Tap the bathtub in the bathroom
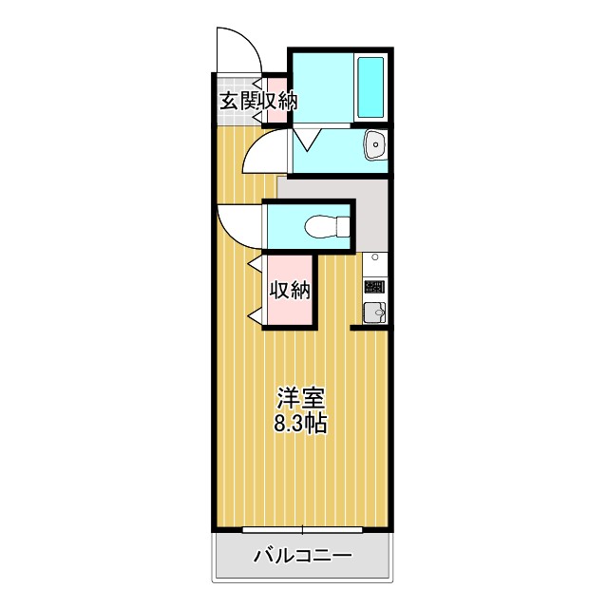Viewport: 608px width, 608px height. coord(370,87)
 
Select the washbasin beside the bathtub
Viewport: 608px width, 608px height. coord(375,147)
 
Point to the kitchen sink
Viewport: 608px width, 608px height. coord(375,312)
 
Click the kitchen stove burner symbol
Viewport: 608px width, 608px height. coord(374,286)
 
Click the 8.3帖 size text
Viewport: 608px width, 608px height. coord(301,424)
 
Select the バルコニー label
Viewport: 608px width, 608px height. coord(302,557)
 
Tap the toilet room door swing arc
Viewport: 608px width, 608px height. coord(237,228)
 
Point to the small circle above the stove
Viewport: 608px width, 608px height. coord(374,256)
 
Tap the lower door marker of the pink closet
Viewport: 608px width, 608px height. coord(256,313)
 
